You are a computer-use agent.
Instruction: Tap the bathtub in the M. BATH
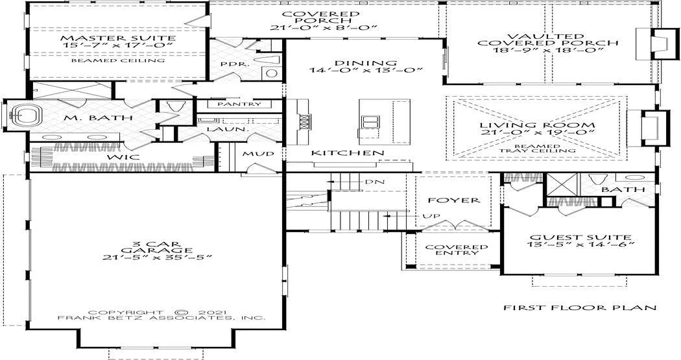tap(25, 116)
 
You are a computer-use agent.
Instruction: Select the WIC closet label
tap(124, 156)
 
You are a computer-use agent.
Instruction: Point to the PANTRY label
tap(239, 104)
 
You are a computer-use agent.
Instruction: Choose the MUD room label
tap(258, 154)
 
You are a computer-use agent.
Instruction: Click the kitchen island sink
tap(369, 123)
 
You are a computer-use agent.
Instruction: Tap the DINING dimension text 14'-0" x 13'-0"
tap(366, 70)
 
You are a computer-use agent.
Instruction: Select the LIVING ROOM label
tap(537, 125)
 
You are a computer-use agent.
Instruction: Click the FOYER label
tap(454, 200)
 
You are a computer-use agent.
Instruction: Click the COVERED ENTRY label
tap(457, 250)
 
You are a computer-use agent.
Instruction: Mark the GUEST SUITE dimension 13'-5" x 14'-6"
tap(580, 244)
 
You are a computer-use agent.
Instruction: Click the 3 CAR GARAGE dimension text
tap(156, 257)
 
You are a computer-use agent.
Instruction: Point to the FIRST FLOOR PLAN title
tap(580, 308)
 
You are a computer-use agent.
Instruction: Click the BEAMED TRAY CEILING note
tap(537, 148)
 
